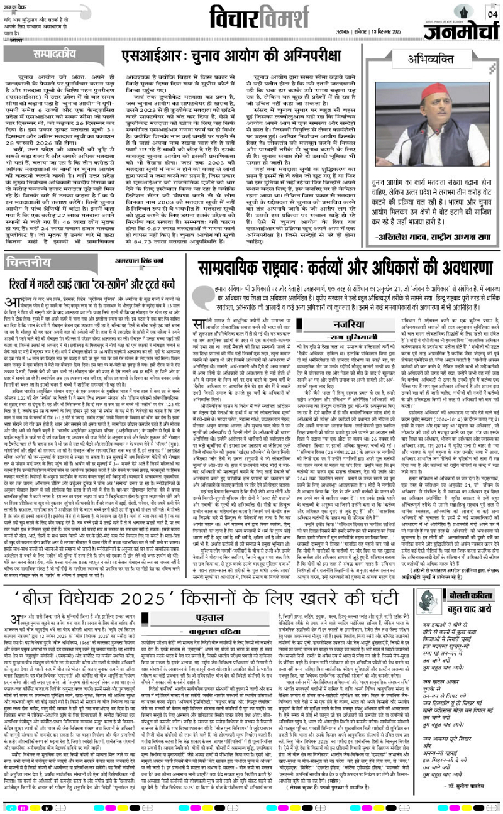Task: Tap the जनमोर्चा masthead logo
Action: pyautogui.click(x=451, y=30)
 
